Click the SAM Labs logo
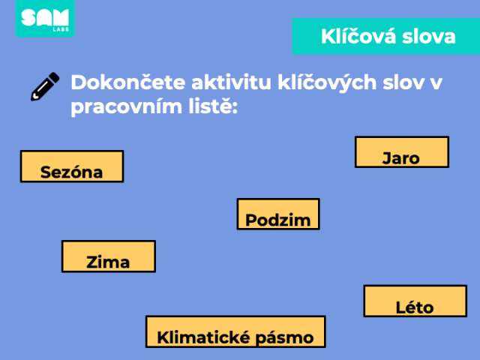[x=45, y=18]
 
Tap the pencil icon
[x=45, y=86]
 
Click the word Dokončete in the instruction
[x=128, y=82]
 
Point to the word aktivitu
[x=232, y=82]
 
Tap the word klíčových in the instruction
[x=327, y=83]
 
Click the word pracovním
[x=126, y=107]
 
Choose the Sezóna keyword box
[x=72, y=166]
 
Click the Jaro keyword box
[x=402, y=151]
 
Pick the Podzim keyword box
[x=278, y=214]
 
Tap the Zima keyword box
[x=109, y=256]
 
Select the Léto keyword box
[x=415, y=301]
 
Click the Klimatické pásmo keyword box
[x=235, y=331]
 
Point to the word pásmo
[x=284, y=338]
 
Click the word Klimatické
[x=204, y=337]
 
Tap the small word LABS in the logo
[x=61, y=29]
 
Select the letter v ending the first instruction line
[x=436, y=83]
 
